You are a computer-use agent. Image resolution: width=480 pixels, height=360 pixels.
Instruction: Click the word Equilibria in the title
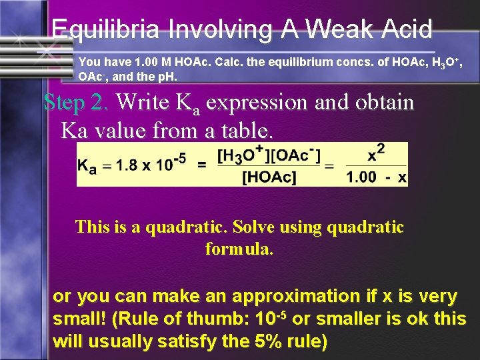[105, 30]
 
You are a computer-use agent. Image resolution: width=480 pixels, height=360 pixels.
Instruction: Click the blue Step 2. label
[76, 103]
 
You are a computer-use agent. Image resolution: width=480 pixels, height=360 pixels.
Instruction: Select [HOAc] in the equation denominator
[269, 177]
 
